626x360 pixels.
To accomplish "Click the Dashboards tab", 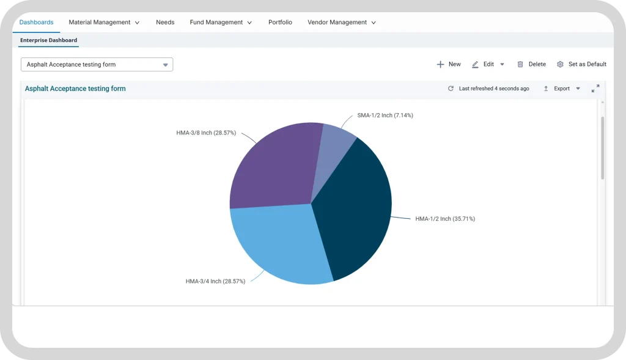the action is [36, 23].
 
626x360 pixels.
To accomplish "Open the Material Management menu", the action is [104, 23].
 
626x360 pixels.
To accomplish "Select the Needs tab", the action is [165, 23].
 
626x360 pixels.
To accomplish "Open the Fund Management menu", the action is [220, 23].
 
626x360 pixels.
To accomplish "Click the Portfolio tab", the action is [280, 23].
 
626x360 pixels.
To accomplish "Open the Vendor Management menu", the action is [341, 23].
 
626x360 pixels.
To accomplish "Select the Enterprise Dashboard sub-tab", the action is [49, 40].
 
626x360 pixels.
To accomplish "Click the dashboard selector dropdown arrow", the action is [165, 65].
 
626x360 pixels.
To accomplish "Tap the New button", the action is [449, 64].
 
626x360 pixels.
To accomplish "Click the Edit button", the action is [488, 64].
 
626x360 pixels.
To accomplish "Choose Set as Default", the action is [582, 64].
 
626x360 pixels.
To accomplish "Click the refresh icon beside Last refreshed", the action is [451, 89].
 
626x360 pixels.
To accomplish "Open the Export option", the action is [561, 89].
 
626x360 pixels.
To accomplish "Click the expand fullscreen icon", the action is [595, 89].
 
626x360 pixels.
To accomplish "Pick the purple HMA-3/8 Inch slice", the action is [276, 167].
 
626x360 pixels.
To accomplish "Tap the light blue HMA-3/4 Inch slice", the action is [279, 243].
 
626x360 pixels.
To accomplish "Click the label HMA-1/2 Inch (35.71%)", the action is [445, 219].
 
